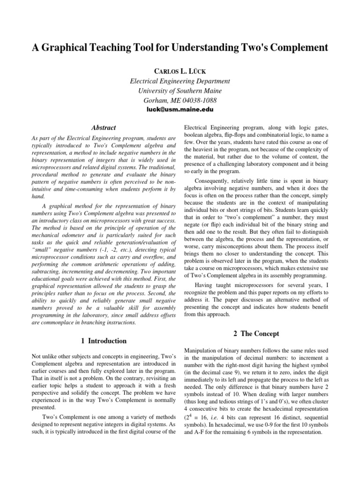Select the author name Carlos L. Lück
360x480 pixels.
tap(180, 70)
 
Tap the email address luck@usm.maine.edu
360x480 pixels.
tap(180, 109)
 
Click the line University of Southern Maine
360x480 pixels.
tap(180, 90)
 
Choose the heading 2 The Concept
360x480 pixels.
tap(256, 334)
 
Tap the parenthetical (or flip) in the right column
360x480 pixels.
tap(214, 225)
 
